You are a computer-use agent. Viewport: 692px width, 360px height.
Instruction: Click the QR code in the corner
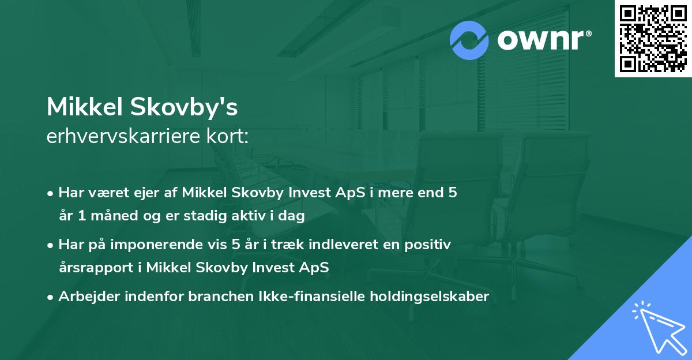653,39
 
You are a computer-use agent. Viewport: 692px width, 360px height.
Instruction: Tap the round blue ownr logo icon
469,40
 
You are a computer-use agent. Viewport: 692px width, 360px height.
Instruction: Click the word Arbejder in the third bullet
85,297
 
